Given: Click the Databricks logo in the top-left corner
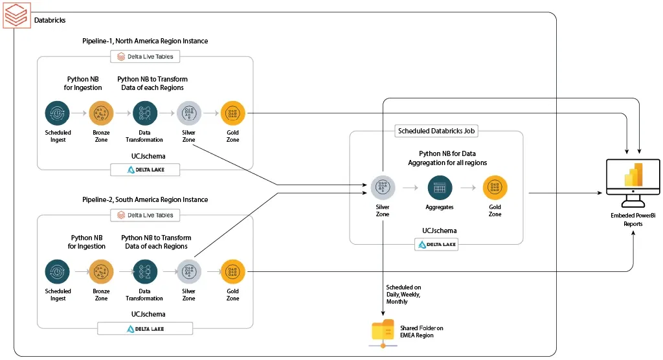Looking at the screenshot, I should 15,15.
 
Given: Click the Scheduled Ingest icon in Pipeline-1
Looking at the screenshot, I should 58,113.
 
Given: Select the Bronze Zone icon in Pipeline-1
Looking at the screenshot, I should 101,113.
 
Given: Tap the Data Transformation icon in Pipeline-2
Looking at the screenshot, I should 144,271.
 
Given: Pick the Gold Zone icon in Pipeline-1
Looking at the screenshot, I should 232,113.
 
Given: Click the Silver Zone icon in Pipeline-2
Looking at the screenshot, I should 188,271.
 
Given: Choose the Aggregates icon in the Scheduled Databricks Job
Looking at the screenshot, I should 439,187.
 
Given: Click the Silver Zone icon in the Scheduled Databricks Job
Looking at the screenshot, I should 383,187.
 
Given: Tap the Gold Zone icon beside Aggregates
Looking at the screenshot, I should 495,187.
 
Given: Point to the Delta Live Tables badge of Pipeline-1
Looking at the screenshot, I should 145,56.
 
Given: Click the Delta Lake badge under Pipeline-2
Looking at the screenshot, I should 145,328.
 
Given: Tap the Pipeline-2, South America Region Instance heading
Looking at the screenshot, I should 145,199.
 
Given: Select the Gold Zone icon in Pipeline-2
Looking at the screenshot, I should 232,271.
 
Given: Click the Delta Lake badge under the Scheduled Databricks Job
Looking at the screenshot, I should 437,245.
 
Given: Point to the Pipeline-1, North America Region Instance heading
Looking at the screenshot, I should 145,41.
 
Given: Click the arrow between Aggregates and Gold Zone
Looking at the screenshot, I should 467,188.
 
